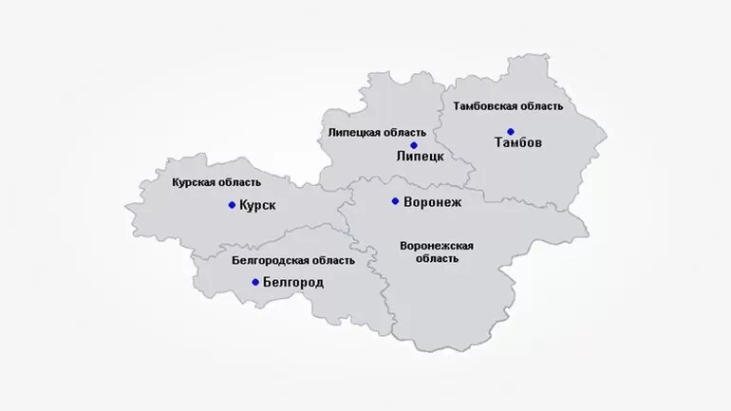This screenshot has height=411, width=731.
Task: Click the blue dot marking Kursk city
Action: (232, 205)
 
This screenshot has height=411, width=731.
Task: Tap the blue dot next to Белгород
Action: (255, 282)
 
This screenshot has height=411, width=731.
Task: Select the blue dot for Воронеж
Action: (395, 201)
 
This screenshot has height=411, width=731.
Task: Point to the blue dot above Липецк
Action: (413, 145)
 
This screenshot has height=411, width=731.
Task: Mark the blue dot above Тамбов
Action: (511, 132)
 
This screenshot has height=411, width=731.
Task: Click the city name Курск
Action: (258, 205)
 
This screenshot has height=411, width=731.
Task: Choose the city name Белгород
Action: (293, 282)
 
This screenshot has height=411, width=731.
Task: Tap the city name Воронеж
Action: (432, 201)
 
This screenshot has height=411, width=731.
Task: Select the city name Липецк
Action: (420, 157)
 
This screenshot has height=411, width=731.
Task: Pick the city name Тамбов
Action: (518, 143)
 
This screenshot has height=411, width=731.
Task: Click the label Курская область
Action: (216, 182)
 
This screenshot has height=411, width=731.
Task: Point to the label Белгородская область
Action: (293, 260)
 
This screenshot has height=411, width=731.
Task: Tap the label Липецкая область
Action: (377, 133)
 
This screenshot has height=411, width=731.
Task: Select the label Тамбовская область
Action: (508, 106)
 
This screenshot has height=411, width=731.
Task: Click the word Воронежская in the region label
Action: (437, 246)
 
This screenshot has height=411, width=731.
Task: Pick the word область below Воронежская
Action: (437, 258)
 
